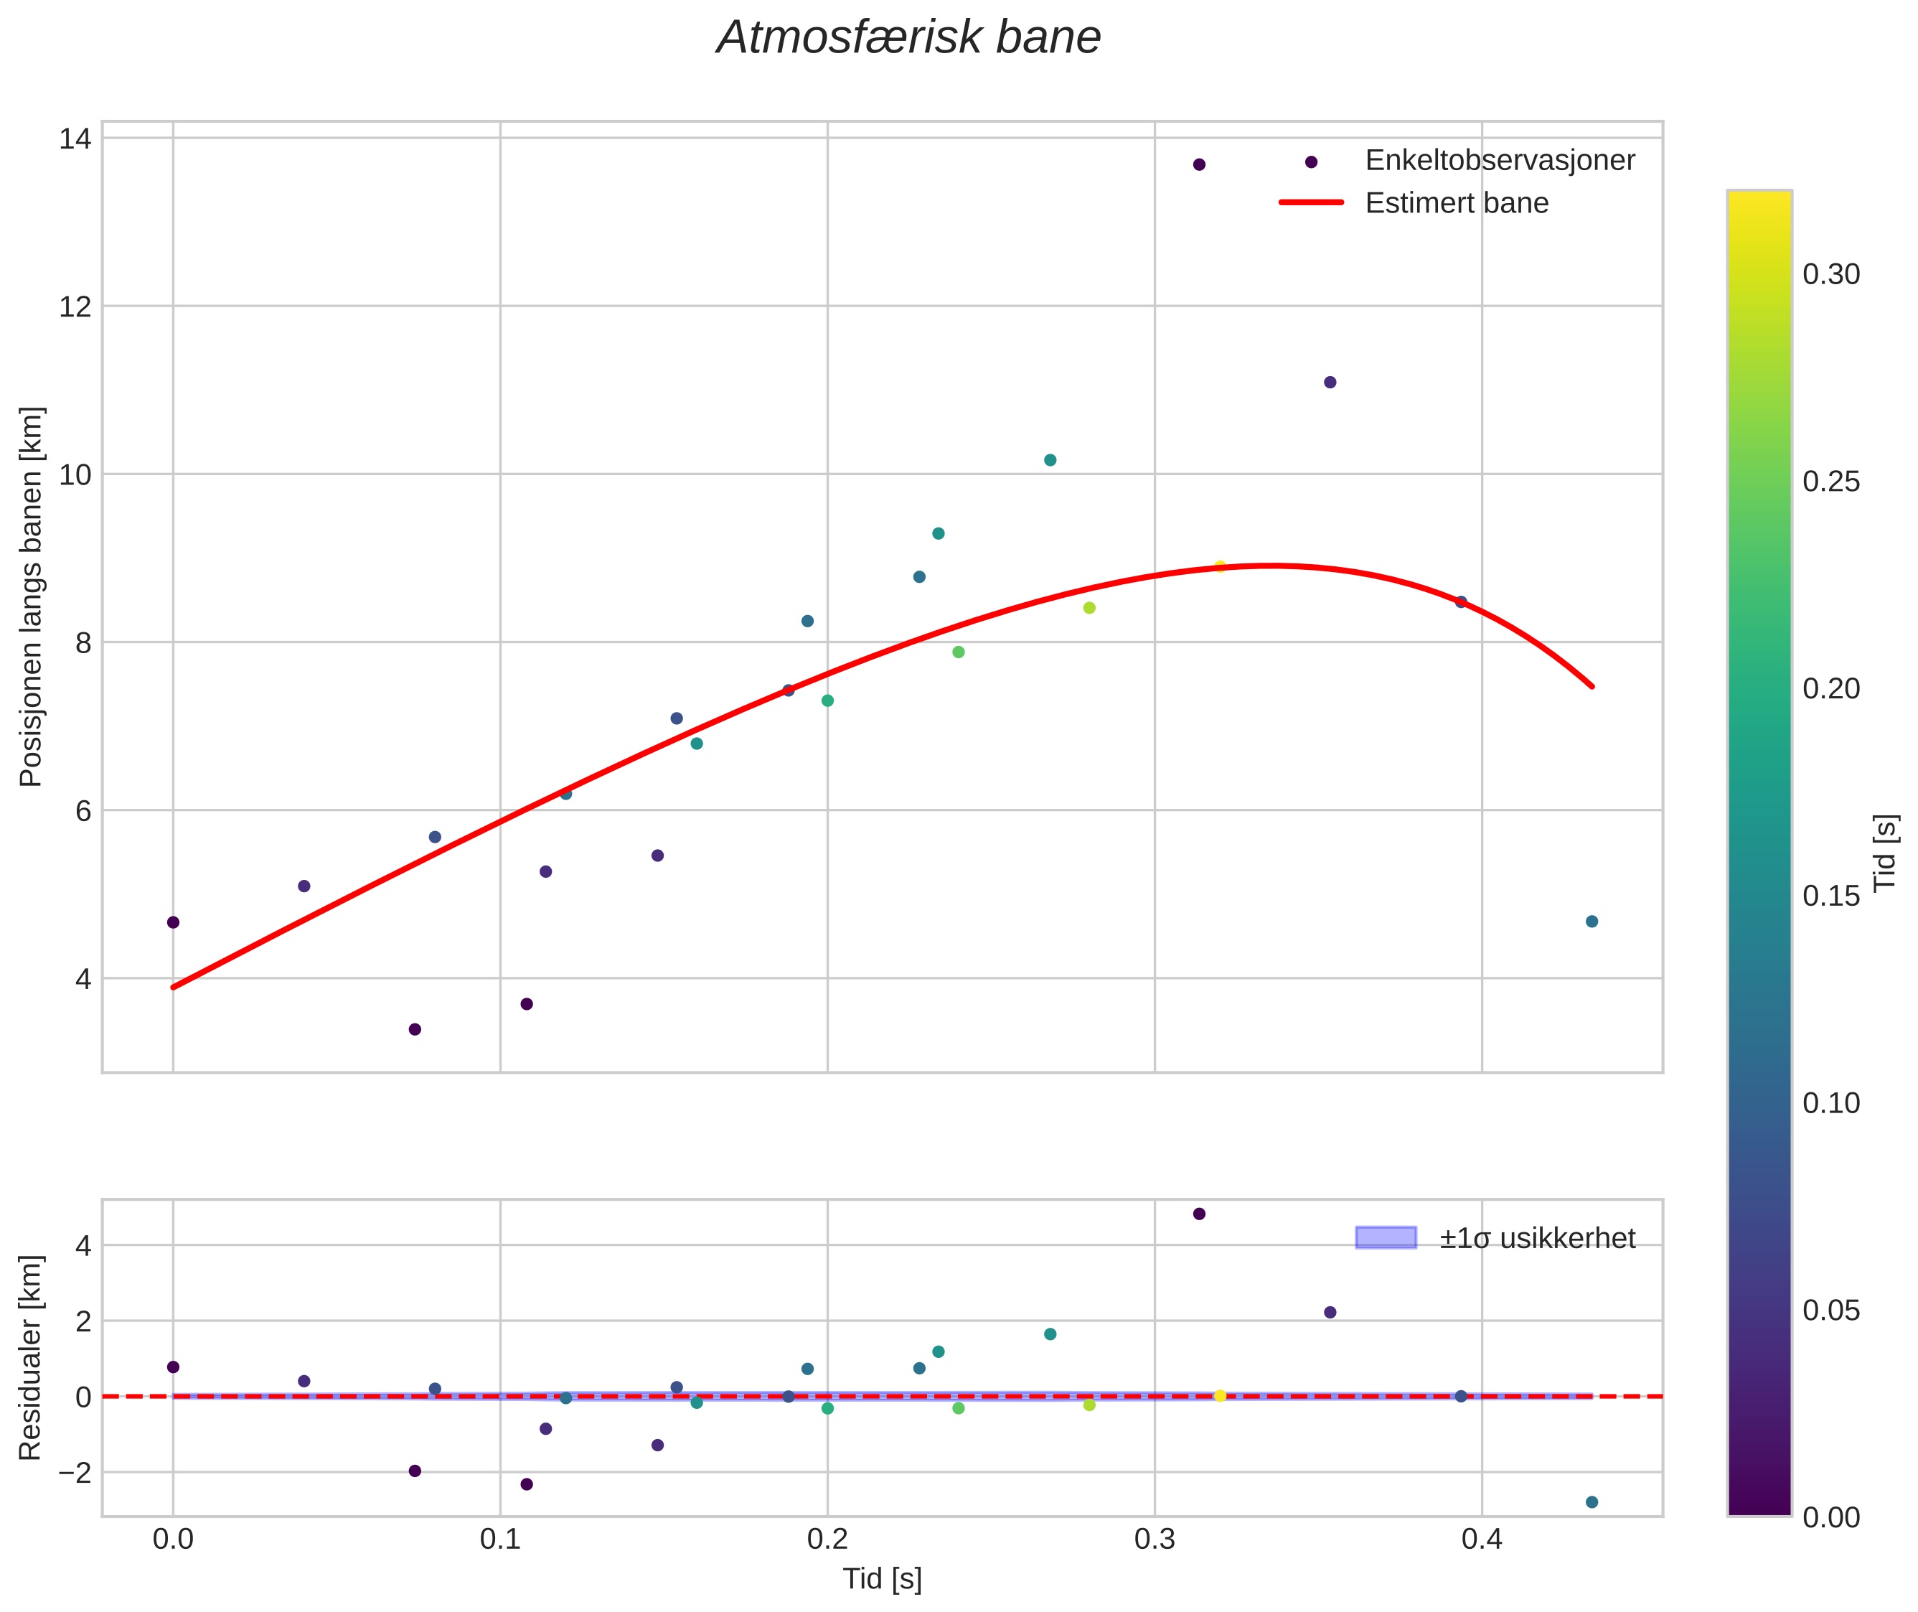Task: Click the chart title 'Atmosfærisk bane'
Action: point(908,38)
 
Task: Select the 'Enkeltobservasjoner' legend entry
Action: point(1498,161)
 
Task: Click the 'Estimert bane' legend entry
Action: point(1457,203)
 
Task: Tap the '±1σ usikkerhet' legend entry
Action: point(1536,1238)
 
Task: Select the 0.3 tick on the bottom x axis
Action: point(1154,1539)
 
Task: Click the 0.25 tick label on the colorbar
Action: point(1831,482)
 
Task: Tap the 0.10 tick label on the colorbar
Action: point(1831,1103)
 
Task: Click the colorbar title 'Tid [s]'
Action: point(1886,853)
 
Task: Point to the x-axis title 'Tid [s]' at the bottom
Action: point(882,1579)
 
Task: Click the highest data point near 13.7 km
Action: point(1199,164)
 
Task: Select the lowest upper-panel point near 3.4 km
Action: point(415,1029)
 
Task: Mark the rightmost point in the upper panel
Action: point(1592,921)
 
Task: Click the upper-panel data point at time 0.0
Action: point(173,922)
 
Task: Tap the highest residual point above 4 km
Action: point(1199,1214)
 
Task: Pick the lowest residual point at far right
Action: point(1592,1502)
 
